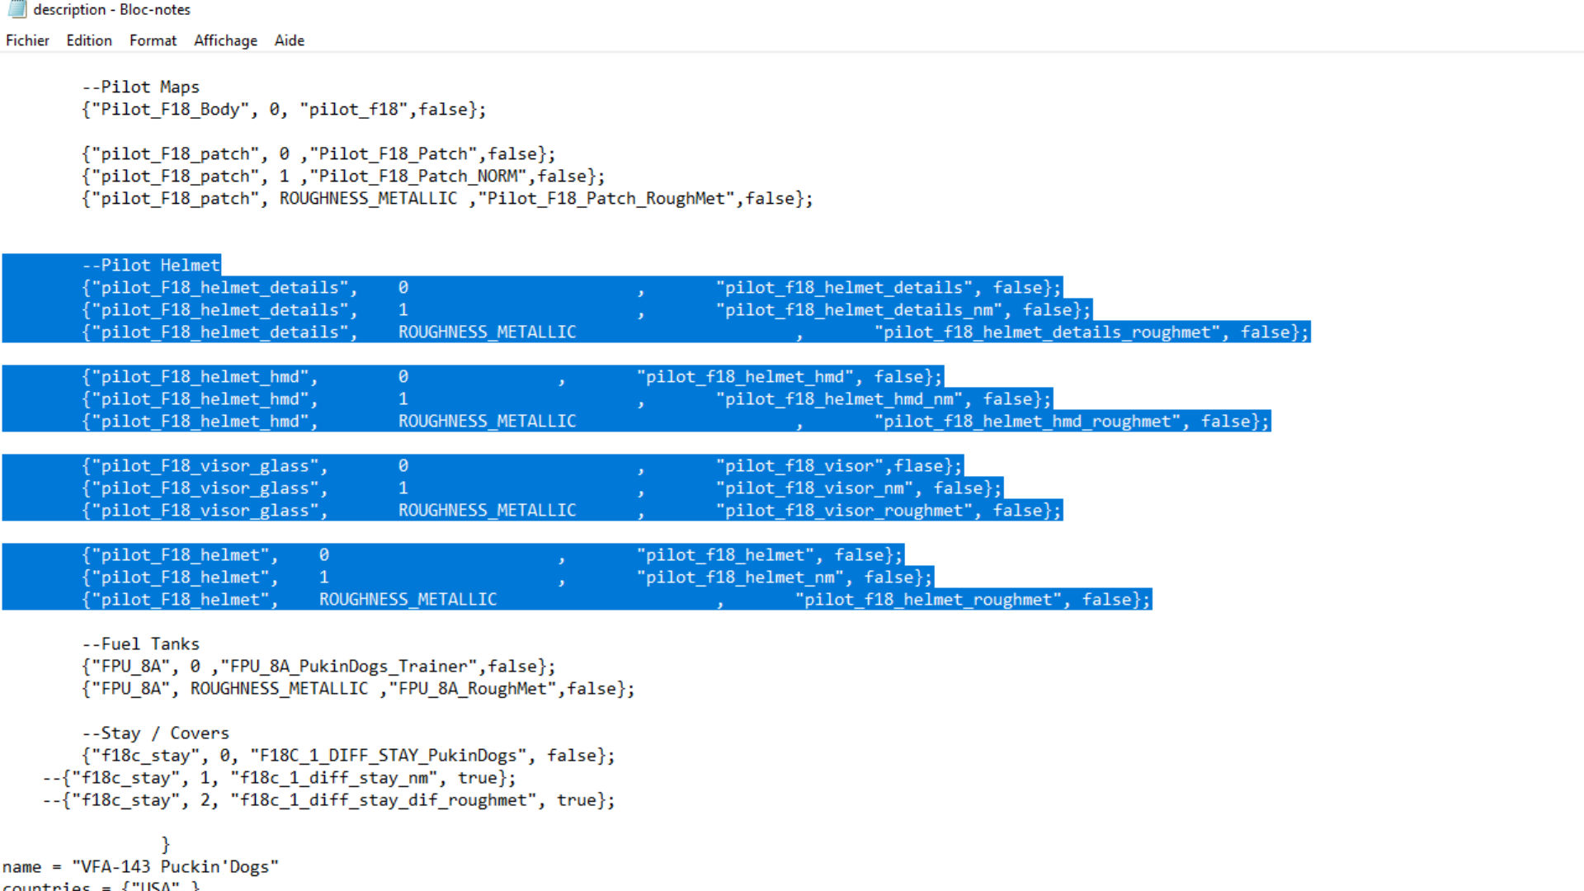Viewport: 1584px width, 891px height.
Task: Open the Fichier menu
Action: tap(27, 40)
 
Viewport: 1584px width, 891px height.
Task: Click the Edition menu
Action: tap(89, 40)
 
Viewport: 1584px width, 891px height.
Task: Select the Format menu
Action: tap(153, 40)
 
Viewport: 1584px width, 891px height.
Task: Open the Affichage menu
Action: tap(225, 40)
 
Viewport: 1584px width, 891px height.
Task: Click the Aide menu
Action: tap(289, 40)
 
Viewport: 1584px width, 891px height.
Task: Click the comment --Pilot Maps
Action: tap(140, 87)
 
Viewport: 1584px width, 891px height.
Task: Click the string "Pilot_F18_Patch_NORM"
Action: tap(418, 177)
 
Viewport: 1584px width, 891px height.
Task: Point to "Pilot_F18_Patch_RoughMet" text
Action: tap(606, 199)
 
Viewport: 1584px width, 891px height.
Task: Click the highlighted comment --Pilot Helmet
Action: tap(151, 266)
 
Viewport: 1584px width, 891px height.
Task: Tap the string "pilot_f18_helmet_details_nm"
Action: tap(863, 310)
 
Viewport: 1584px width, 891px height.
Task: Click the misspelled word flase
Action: tap(918, 466)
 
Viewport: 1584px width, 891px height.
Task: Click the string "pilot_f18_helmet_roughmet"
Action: tap(928, 600)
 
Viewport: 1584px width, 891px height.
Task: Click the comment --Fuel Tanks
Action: tap(140, 644)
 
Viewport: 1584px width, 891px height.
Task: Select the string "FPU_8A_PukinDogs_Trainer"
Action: tap(349, 667)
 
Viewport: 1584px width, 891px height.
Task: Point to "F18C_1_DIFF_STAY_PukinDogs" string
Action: tap(388, 756)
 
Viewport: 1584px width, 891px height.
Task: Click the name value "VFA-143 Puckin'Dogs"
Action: tap(175, 867)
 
